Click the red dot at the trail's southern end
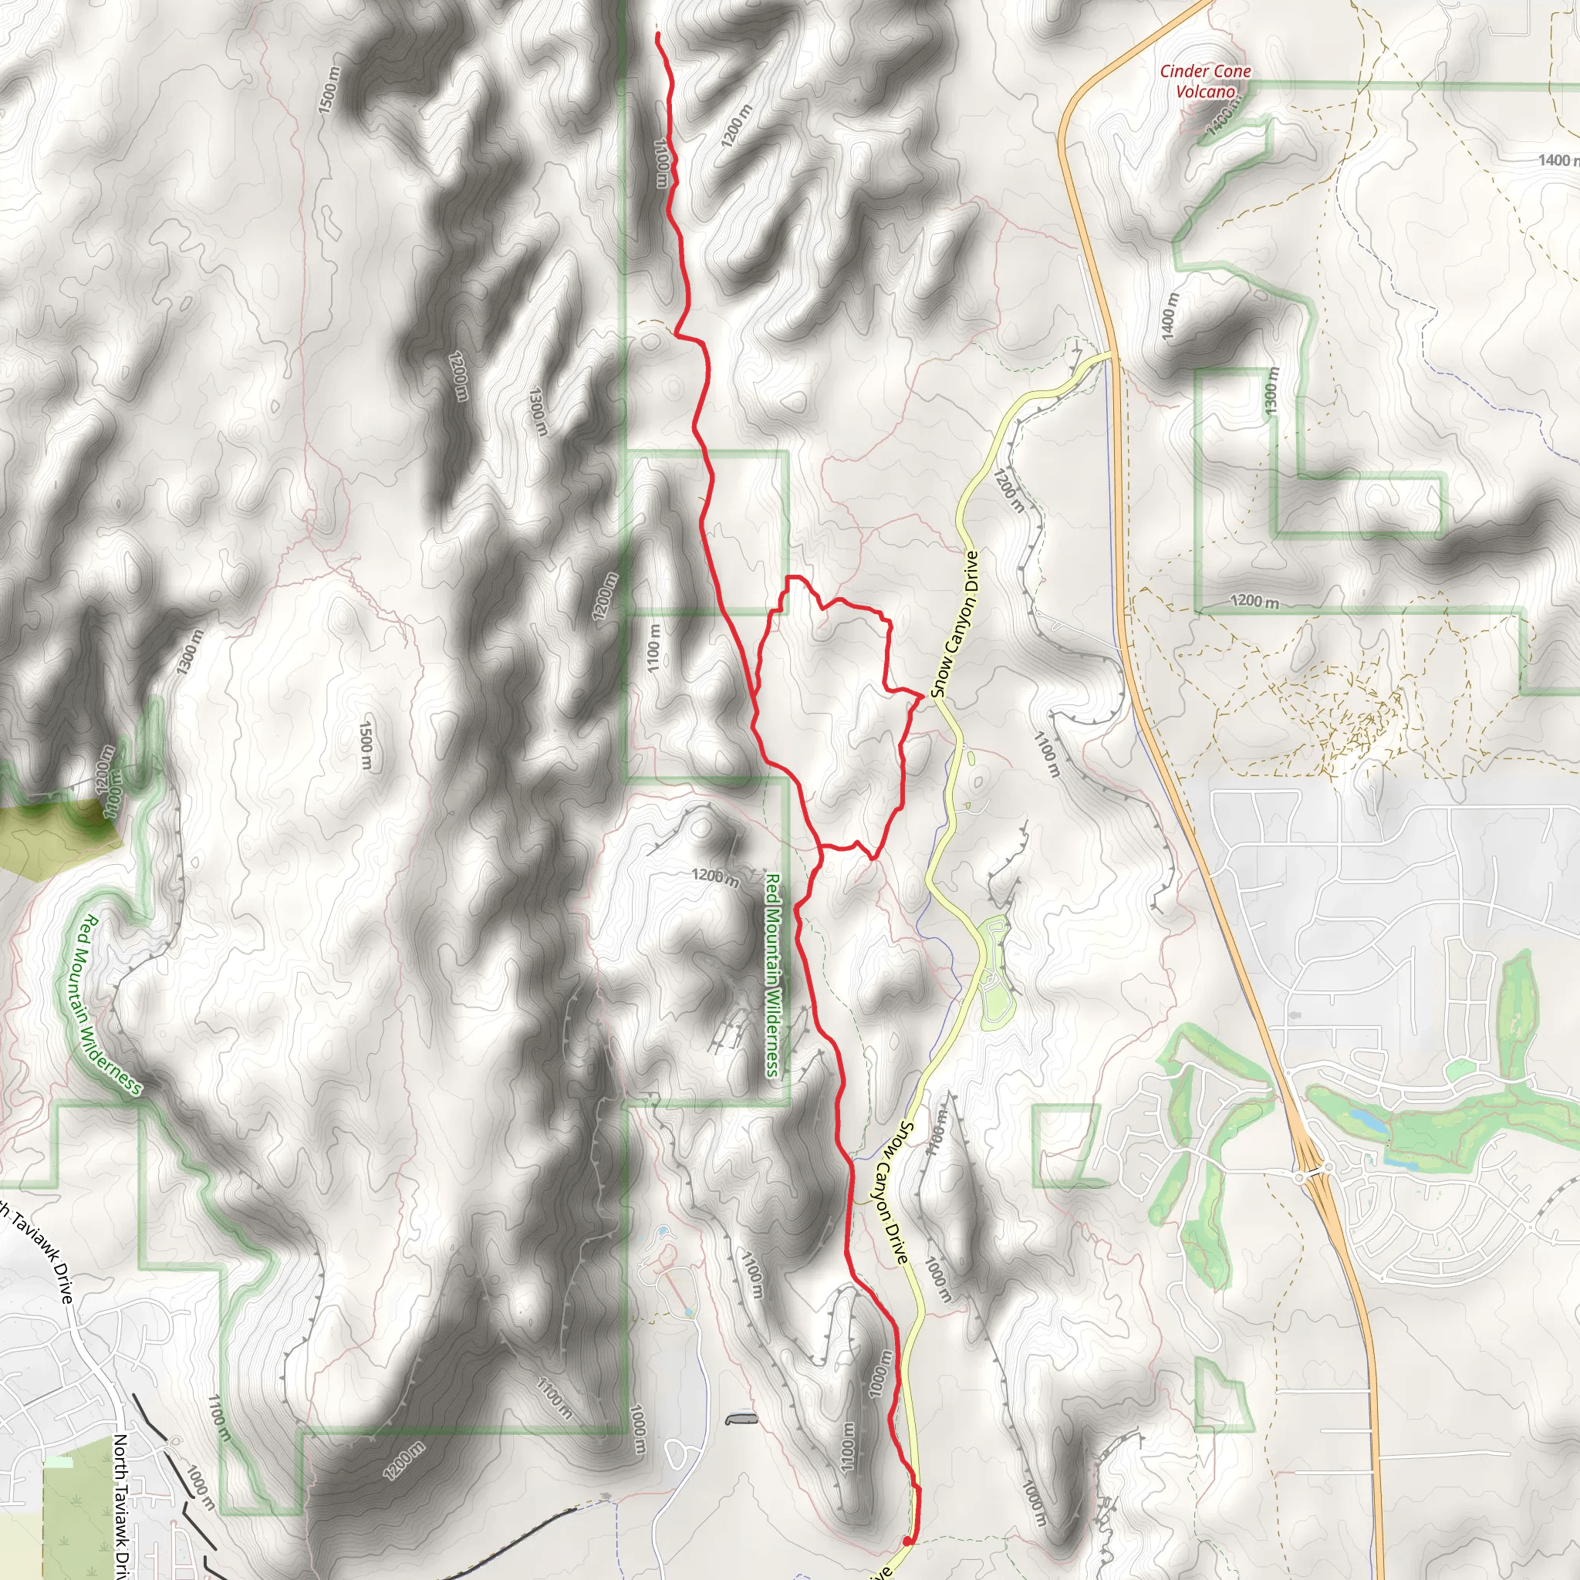(x=907, y=1541)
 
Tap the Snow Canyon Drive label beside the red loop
(x=955, y=624)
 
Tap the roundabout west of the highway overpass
(x=1300, y=1177)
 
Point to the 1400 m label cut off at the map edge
(x=1558, y=160)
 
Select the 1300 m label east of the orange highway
(x=1270, y=389)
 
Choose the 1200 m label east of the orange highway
(x=1254, y=602)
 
